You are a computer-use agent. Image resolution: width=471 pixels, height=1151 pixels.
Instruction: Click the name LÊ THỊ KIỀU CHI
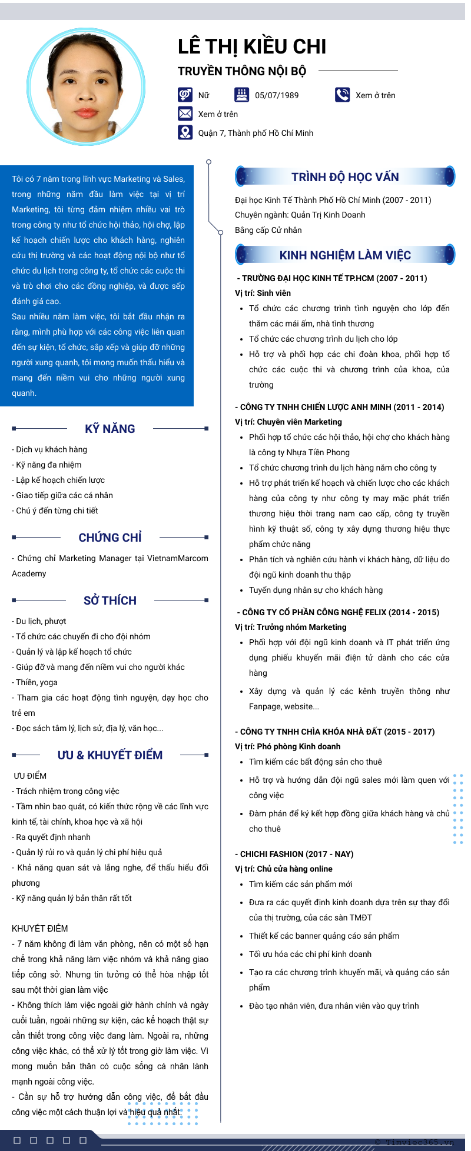click(x=252, y=46)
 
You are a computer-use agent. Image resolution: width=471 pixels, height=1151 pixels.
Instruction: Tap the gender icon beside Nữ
click(x=185, y=95)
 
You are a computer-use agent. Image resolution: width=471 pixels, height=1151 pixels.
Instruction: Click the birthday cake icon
click(x=241, y=95)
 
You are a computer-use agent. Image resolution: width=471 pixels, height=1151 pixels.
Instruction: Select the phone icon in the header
click(x=342, y=95)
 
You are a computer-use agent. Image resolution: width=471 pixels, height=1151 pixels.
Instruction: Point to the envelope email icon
click(x=185, y=114)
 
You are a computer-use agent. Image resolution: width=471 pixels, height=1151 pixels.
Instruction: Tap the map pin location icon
click(x=185, y=132)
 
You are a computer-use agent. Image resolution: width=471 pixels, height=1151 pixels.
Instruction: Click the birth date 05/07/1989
click(x=277, y=95)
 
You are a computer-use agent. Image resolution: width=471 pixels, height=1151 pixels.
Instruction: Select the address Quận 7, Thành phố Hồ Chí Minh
click(x=256, y=133)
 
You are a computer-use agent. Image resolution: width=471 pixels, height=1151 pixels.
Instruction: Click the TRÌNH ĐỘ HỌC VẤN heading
click(x=345, y=177)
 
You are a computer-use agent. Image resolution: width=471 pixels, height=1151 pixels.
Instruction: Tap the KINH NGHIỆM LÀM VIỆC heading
click(x=345, y=255)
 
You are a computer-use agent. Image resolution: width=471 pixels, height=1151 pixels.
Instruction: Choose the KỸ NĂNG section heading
click(x=110, y=429)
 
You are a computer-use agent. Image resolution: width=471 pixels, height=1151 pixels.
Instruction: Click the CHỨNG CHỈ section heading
click(x=110, y=538)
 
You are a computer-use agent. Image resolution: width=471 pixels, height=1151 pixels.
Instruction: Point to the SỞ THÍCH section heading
click(x=110, y=600)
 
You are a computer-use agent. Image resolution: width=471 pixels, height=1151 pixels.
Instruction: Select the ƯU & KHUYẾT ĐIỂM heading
click(x=110, y=755)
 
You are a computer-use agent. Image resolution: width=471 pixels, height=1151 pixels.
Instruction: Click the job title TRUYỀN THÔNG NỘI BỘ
click(x=242, y=71)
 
